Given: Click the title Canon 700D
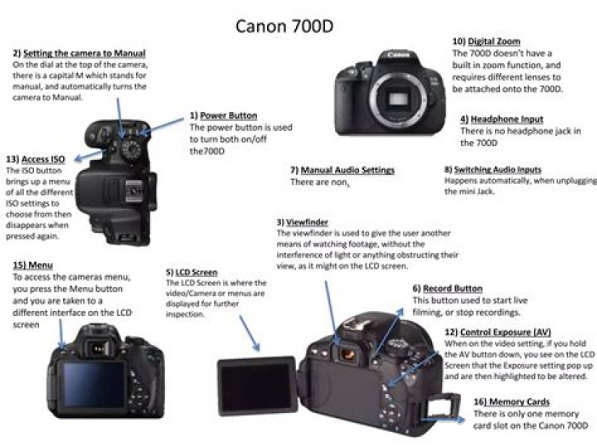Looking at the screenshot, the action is coord(284,27).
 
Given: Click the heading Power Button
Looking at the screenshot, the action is coord(229,115).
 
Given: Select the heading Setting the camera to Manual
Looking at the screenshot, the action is coord(84,53).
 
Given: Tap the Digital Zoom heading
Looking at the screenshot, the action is coord(494,41).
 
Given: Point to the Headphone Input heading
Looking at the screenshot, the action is coord(507,119).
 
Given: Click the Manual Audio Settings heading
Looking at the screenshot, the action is coord(347,170).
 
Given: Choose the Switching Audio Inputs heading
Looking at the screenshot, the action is coord(498,169).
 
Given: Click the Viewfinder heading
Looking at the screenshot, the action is coord(307,222).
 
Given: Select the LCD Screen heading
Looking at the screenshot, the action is coord(196,272).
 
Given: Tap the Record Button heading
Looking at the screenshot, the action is coord(453,289).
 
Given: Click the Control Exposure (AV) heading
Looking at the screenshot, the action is coord(505,332).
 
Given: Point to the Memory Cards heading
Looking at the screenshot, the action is coord(519,401).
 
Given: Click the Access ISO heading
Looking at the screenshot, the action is coord(43,158).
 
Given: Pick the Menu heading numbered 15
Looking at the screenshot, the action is coord(41,265).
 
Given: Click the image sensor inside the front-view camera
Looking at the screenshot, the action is coord(399,100).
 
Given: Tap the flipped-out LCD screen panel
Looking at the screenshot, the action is coord(256,386).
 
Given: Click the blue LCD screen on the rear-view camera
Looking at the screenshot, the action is coord(94,384).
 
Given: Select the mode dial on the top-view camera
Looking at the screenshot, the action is coord(131,149).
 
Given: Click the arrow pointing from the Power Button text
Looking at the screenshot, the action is coord(161,127).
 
